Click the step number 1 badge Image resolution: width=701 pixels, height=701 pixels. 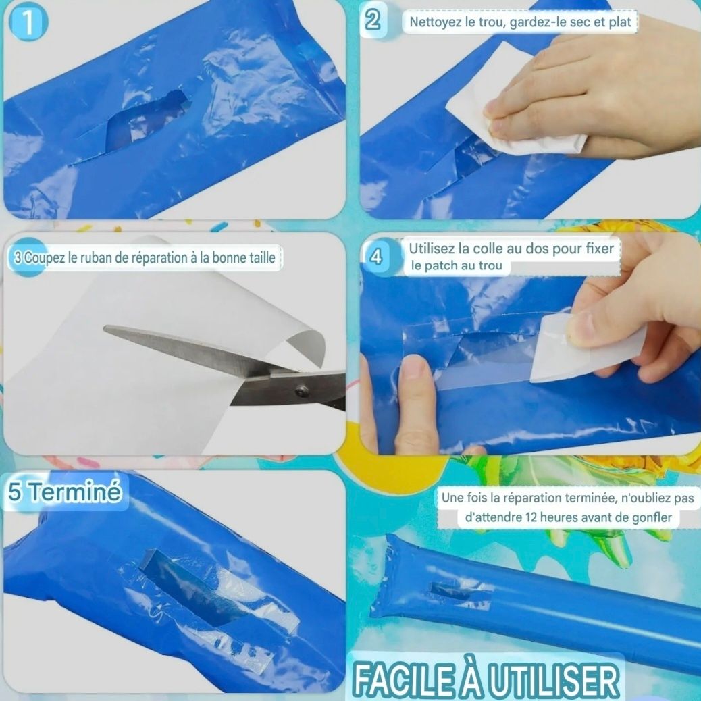28,23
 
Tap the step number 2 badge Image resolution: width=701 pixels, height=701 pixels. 373,21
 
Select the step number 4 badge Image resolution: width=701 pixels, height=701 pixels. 376,257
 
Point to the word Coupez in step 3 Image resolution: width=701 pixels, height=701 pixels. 45,258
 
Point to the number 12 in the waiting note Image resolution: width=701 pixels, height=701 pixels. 531,517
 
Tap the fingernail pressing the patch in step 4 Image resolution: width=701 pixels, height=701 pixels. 415,366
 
